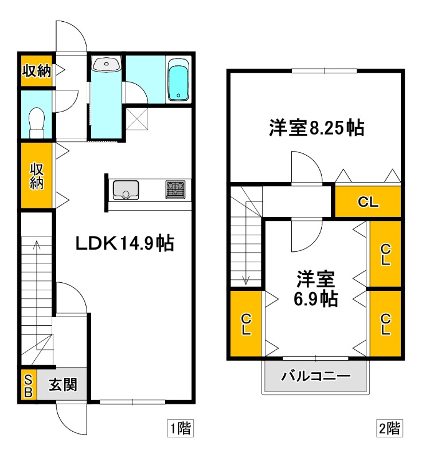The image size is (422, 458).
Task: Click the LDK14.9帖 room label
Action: pyautogui.click(x=126, y=244)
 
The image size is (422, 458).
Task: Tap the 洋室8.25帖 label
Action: pyautogui.click(x=316, y=128)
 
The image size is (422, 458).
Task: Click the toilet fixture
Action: pyautogui.click(x=37, y=122)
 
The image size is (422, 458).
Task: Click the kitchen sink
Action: pyautogui.click(x=126, y=189)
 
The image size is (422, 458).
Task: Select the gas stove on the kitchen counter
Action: pyautogui.click(x=175, y=189)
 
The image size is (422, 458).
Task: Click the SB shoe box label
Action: pyautogui.click(x=28, y=386)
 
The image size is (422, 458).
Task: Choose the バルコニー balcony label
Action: pyautogui.click(x=315, y=377)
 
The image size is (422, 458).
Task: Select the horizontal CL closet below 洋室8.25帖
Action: pyautogui.click(x=368, y=202)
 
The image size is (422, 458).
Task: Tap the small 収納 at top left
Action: pyautogui.click(x=37, y=71)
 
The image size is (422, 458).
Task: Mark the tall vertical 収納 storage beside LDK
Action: pyautogui.click(x=37, y=176)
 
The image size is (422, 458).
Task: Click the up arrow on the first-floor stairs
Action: pyautogui.click(x=37, y=246)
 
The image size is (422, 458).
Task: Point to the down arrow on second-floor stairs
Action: pyautogui.click(x=246, y=279)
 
